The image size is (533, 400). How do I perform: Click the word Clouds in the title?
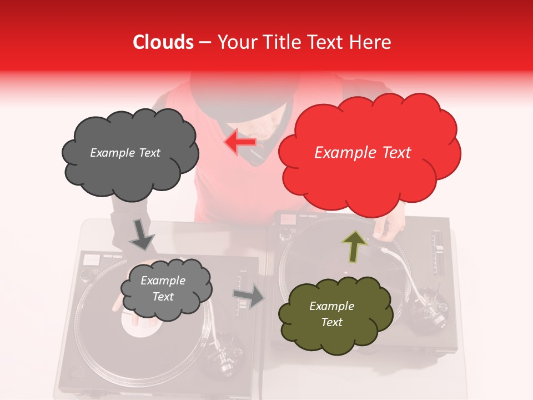(163, 42)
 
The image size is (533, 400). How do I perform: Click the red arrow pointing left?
(240, 142)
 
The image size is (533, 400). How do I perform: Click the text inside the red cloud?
(363, 153)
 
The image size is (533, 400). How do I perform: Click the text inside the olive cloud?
(331, 314)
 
